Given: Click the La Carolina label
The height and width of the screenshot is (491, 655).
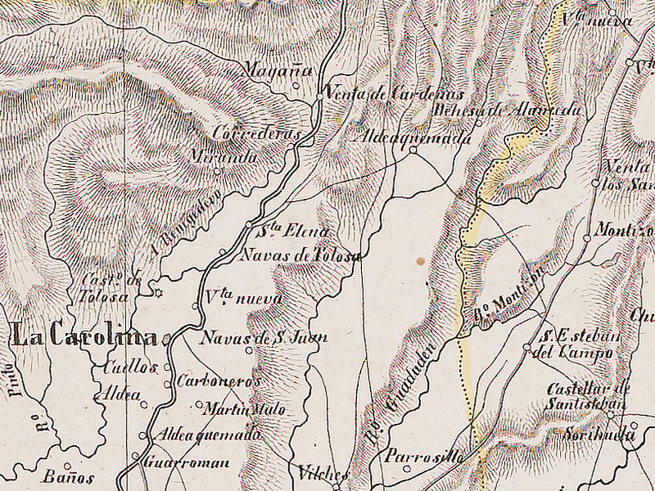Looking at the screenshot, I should point(84,336).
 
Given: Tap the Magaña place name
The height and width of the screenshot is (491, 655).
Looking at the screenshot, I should point(278,71).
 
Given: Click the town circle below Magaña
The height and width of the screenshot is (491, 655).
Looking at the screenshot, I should point(296,83).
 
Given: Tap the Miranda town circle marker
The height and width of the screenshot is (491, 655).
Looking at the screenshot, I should point(217,171).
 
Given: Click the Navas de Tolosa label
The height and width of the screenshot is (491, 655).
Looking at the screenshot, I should point(299,255).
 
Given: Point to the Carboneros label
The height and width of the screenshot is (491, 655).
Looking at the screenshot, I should point(219,381).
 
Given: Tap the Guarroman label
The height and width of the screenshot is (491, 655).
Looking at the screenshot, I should point(186,462).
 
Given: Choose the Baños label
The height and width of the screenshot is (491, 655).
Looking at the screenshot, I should point(69,478).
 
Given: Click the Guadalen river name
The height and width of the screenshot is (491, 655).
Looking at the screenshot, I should point(401,397).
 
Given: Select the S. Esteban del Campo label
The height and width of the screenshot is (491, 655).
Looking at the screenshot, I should point(577,345).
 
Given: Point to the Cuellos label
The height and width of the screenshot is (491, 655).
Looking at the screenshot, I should point(129,367).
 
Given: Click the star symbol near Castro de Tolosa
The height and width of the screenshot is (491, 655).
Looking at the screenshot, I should point(159,292).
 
